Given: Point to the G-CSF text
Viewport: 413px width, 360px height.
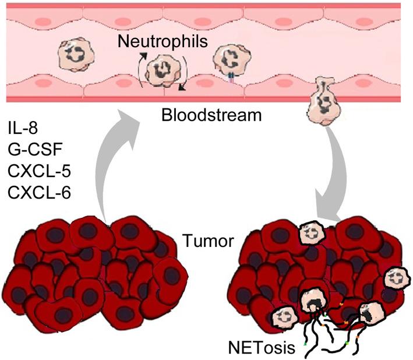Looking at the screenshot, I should click(32, 147).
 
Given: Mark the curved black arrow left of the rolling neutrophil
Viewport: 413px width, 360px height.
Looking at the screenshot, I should click(140, 69).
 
